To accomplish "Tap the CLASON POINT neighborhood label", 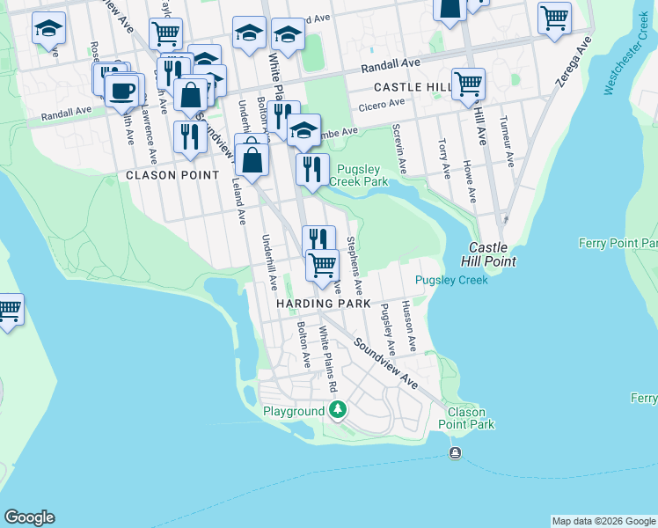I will point(172,175).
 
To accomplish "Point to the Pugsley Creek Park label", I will point(358,174).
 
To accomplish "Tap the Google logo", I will point(29,517).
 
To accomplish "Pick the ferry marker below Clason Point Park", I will point(455,453).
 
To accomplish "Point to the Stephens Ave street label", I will point(355,265).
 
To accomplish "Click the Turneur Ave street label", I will point(508,142).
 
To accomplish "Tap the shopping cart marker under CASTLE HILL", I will point(468,84).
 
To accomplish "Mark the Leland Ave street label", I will point(238,200).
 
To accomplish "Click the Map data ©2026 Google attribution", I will point(603,521).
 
